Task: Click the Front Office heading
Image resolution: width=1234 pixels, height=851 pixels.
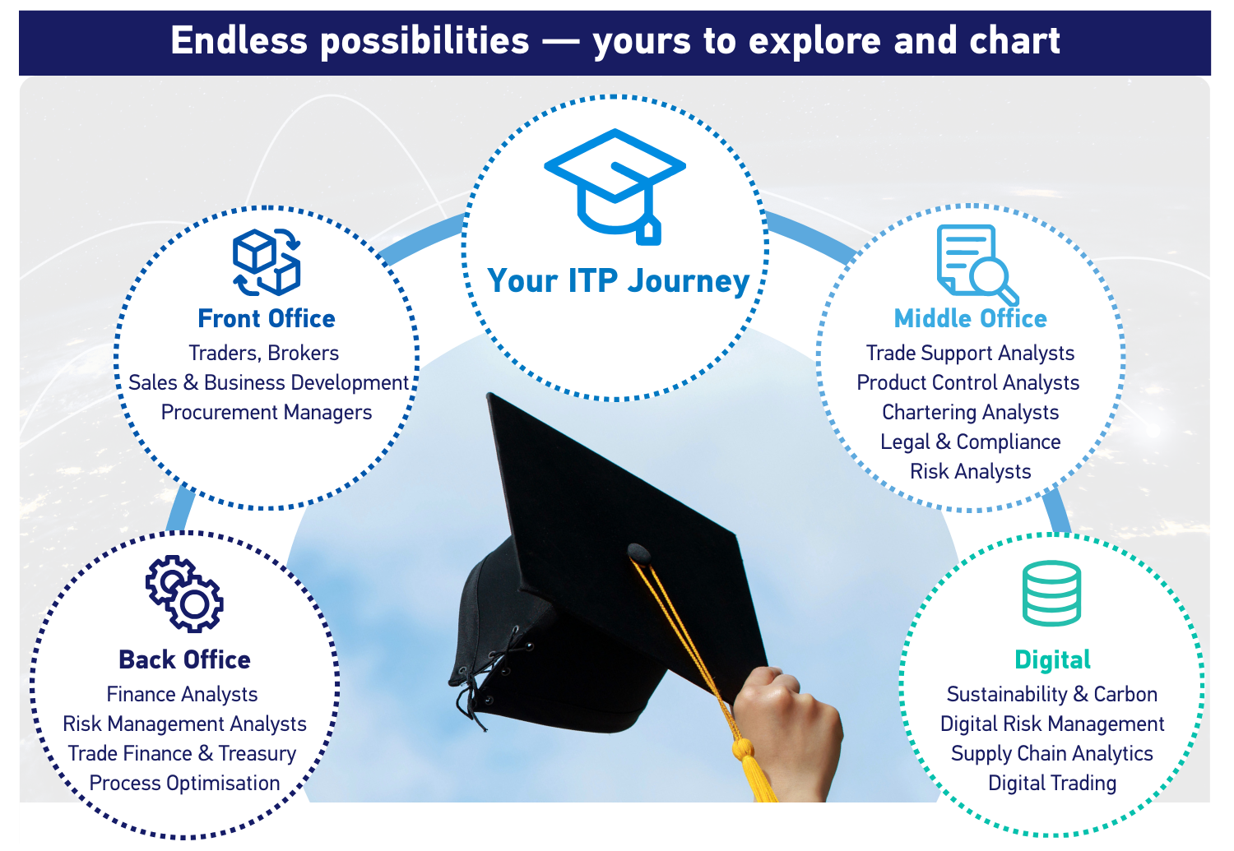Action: [x=267, y=318]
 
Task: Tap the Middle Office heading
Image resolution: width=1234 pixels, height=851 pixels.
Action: [x=970, y=318]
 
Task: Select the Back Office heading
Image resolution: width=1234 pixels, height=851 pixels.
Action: [x=184, y=659]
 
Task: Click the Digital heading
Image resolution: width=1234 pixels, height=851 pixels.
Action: [x=1052, y=659]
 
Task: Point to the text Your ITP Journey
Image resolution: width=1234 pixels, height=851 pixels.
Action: [x=618, y=280]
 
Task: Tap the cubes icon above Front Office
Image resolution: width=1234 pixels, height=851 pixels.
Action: [x=267, y=262]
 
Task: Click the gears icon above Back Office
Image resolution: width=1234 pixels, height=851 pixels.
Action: [x=184, y=594]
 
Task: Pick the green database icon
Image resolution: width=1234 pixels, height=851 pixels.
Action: [x=1051, y=594]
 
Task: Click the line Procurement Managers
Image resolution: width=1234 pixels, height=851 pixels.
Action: [x=267, y=412]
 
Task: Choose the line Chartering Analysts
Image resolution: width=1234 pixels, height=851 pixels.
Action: [x=970, y=412]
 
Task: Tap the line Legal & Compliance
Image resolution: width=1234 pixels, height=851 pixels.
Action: [x=970, y=442]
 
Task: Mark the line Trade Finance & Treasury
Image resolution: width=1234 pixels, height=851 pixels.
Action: [x=182, y=753]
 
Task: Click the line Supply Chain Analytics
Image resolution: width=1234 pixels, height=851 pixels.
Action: [x=1052, y=753]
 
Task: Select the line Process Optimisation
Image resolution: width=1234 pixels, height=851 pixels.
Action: [x=184, y=783]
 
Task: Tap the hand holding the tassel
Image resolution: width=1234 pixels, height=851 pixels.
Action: [x=790, y=724]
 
